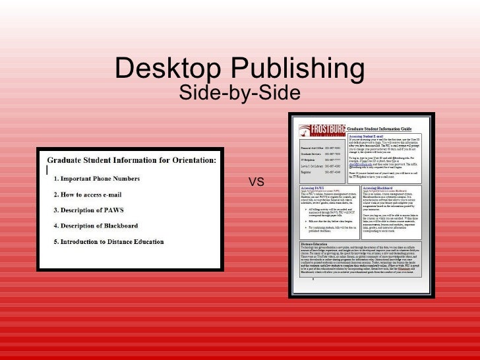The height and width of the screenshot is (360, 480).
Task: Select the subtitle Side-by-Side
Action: tap(239, 94)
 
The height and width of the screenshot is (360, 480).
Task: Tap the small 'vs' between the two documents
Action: tap(256, 181)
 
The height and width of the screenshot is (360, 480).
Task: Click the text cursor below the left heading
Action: tap(48, 169)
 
